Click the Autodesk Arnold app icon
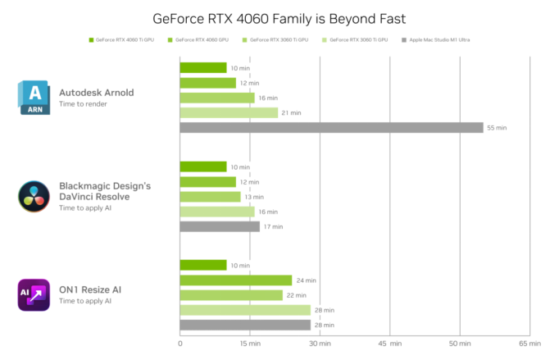pos(34,98)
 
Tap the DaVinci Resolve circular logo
pos(34,197)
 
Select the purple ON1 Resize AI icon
pos(34,294)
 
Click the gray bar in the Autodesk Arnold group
pos(332,128)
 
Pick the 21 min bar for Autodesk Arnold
pos(230,113)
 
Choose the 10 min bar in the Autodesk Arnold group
pos(204,68)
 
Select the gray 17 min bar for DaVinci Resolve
pos(220,226)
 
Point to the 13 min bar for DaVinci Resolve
pos(211,197)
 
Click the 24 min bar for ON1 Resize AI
pos(236,280)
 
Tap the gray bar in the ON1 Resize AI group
pos(246,326)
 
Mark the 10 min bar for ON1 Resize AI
pos(204,265)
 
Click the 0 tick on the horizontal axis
pos(180,343)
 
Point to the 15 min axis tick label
pos(249,343)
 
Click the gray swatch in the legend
pos(404,39)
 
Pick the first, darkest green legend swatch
pos(91,39)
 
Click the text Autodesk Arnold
pos(96,93)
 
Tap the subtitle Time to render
pos(83,104)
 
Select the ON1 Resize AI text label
pos(90,289)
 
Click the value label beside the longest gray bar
pos(497,128)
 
